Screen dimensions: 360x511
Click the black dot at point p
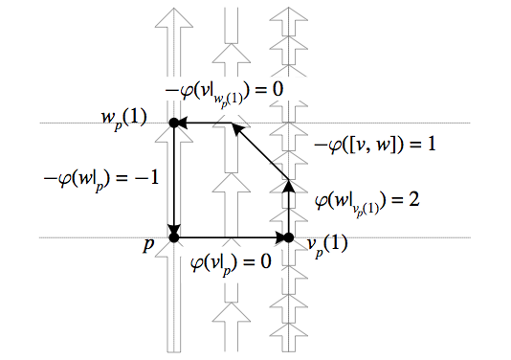(174, 236)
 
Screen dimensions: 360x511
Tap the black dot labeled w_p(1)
(174, 123)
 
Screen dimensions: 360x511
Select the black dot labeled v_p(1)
(288, 236)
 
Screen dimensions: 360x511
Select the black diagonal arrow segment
(260, 150)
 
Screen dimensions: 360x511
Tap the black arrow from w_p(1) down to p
(174, 182)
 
